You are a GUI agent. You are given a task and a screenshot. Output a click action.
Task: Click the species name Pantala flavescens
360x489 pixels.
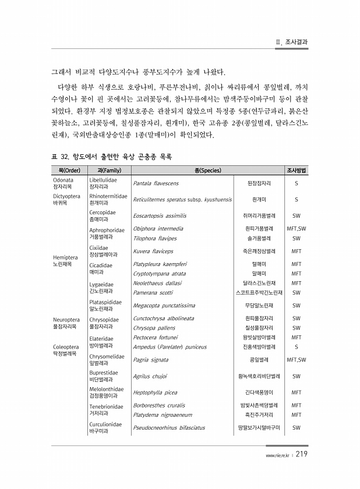(x=156, y=183)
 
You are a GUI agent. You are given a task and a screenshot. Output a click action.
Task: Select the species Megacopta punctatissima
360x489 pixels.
(x=164, y=305)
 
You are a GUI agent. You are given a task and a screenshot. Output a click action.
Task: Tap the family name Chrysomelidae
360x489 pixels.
(x=106, y=357)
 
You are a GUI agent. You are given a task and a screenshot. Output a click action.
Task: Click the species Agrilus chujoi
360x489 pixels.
(x=150, y=376)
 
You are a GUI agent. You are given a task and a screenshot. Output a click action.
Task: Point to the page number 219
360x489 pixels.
(x=302, y=455)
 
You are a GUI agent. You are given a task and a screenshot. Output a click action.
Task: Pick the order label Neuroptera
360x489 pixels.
(x=66, y=319)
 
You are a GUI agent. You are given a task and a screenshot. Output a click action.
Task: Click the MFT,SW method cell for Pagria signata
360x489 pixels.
(x=297, y=360)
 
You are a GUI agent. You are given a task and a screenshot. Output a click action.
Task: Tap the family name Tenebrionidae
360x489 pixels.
(x=105, y=406)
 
